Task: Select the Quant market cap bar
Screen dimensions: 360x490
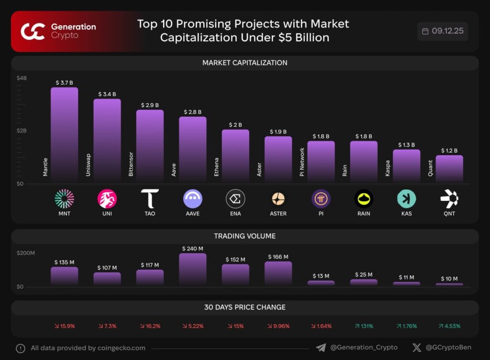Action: (449, 169)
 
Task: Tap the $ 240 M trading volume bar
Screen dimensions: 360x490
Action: (192, 269)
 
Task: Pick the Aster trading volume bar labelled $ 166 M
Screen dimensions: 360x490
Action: (278, 273)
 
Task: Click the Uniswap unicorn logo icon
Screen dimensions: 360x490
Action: (107, 198)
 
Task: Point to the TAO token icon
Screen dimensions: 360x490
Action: (150, 198)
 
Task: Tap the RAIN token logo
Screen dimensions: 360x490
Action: (364, 198)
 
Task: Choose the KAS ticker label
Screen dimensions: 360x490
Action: (406, 213)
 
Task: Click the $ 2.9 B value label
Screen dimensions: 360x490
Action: (150, 105)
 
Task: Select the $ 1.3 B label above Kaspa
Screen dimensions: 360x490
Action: (406, 144)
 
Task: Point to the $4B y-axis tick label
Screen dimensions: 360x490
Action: (22, 78)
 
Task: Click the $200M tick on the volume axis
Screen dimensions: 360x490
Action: (26, 253)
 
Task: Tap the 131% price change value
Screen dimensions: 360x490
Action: (364, 326)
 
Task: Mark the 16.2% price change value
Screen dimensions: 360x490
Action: (150, 326)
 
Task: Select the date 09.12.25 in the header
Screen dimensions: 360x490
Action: (447, 31)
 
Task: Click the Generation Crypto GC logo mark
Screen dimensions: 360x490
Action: (33, 31)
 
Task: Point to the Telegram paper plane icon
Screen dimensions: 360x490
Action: (321, 348)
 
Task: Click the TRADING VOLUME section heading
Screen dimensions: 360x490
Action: (245, 236)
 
